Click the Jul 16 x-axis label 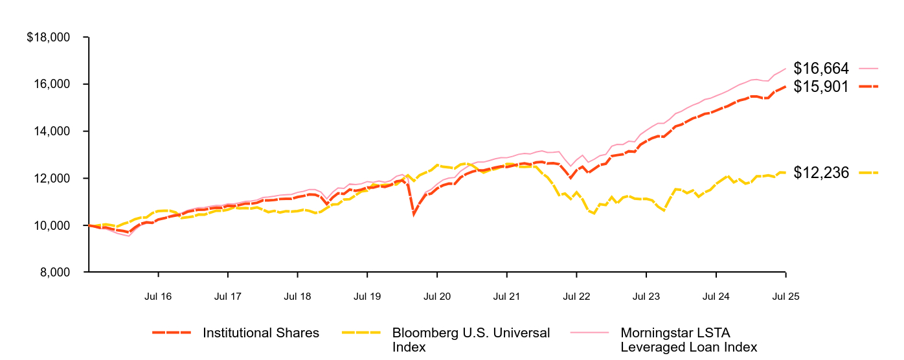pyautogui.click(x=157, y=297)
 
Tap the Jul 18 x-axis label pyautogui.click(x=297, y=297)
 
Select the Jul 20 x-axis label pyautogui.click(x=437, y=297)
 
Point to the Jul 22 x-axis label pyautogui.click(x=576, y=297)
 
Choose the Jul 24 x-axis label pyautogui.click(x=716, y=297)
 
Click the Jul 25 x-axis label pyautogui.click(x=786, y=297)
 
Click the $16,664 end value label pyautogui.click(x=821, y=68)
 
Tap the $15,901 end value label pyautogui.click(x=821, y=86)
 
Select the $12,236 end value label pyautogui.click(x=821, y=173)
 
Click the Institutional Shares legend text pyautogui.click(x=261, y=333)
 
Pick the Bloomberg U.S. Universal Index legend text pyautogui.click(x=471, y=340)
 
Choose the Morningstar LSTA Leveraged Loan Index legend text pyautogui.click(x=688, y=340)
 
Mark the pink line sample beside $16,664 pyautogui.click(x=868, y=68)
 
